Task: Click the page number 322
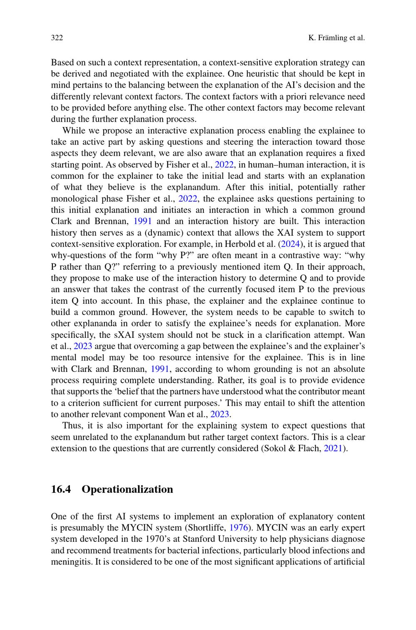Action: click(57, 38)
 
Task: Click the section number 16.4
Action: click(61, 489)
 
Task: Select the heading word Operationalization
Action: click(127, 489)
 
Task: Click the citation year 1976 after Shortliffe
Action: click(239, 528)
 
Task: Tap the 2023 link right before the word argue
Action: click(83, 346)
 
